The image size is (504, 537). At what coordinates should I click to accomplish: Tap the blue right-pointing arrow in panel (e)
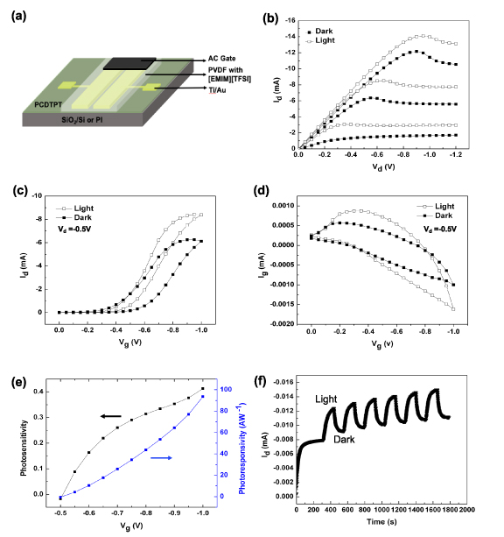tap(159, 456)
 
